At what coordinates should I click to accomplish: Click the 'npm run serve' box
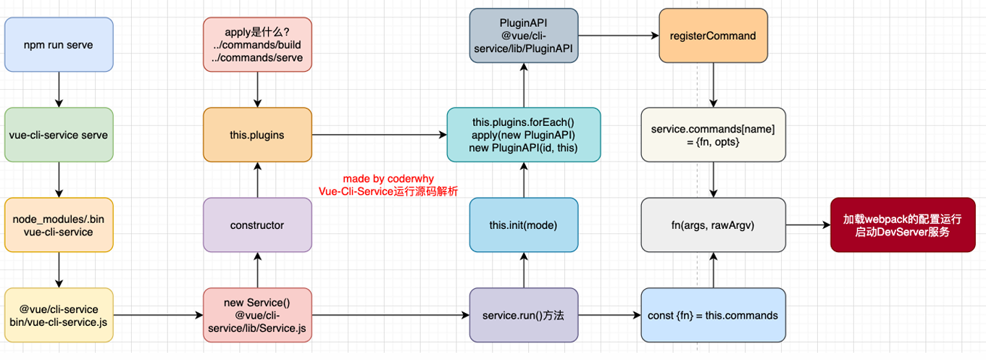(59, 45)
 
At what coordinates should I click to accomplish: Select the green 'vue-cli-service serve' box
(59, 135)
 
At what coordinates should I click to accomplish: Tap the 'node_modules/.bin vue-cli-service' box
(59, 225)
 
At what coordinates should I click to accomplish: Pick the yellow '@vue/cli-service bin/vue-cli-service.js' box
(59, 315)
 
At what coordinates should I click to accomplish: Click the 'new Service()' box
(257, 315)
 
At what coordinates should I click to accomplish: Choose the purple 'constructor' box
(257, 225)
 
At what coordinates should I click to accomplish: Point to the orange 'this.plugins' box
(257, 135)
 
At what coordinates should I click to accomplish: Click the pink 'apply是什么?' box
(257, 45)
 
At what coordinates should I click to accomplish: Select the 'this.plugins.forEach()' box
(524, 135)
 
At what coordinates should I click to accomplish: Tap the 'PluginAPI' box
(524, 35)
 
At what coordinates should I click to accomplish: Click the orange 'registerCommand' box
(713, 35)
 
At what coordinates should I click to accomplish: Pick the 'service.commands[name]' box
(713, 135)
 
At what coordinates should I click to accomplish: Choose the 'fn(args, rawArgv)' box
(713, 225)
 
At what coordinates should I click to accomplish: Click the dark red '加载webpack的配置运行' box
(903, 225)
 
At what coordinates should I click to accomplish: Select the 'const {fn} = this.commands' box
(713, 315)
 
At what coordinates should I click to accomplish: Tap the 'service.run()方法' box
(524, 315)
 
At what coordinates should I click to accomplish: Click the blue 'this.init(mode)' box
(524, 225)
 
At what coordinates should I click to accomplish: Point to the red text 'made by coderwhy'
(388, 178)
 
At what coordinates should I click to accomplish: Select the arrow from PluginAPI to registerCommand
(618, 35)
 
